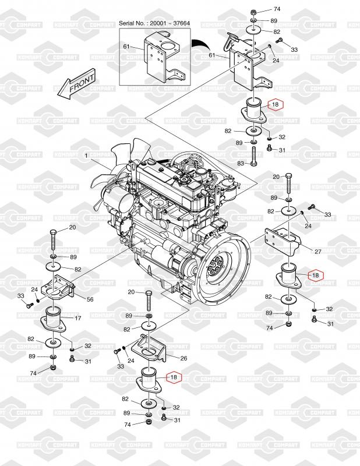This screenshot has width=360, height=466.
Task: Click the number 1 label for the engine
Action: click(x=86, y=156)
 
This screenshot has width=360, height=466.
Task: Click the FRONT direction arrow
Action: click(x=76, y=84)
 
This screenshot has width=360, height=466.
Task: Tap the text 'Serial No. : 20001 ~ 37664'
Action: click(x=154, y=23)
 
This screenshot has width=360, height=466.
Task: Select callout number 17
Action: click(x=78, y=318)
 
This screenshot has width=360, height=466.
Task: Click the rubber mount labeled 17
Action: click(x=53, y=319)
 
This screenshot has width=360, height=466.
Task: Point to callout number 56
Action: click(x=90, y=299)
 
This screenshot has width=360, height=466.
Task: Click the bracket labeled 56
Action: click(x=58, y=288)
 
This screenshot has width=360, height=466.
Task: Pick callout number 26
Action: click(x=183, y=358)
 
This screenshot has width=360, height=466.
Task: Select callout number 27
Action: click(x=318, y=252)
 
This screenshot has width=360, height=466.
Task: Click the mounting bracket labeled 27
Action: click(x=284, y=243)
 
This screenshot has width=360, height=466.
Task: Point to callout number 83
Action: click(x=241, y=163)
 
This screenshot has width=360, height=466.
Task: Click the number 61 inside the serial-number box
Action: click(x=126, y=47)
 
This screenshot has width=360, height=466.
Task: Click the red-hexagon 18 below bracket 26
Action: click(x=174, y=377)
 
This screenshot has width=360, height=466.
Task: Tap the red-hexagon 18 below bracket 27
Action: click(x=315, y=275)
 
